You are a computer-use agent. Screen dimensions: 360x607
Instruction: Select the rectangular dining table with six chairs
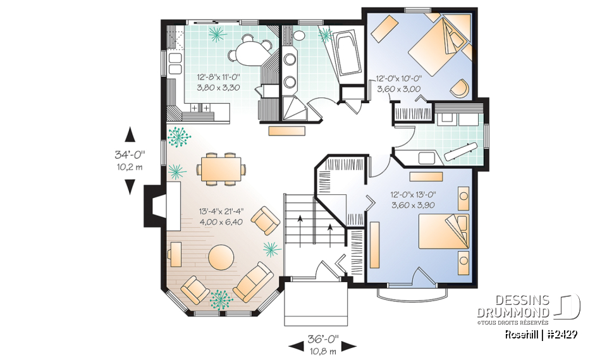tap(221, 169)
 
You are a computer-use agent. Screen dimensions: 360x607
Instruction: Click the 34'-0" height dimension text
tap(130, 154)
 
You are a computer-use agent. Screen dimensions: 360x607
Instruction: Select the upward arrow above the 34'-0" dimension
tap(130, 133)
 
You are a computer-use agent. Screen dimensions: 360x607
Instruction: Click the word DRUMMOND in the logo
tap(522, 313)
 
